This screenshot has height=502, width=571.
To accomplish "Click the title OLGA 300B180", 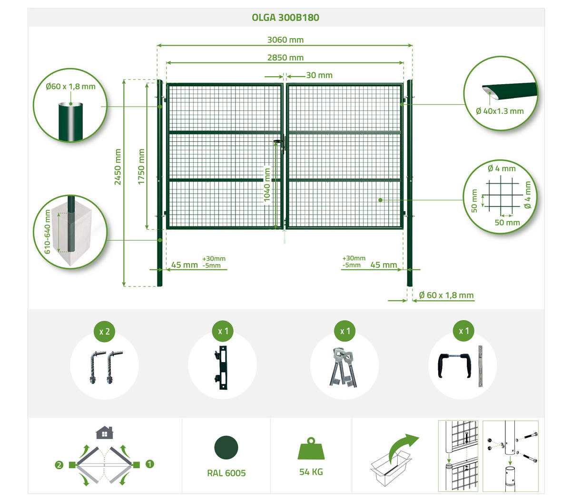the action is tap(285, 18).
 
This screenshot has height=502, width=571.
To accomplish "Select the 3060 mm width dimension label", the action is tap(285, 40).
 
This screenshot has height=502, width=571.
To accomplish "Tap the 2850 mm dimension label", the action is tap(285, 58).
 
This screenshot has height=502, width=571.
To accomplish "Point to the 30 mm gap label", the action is tap(319, 75).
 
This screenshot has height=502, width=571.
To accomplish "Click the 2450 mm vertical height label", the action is tap(118, 167).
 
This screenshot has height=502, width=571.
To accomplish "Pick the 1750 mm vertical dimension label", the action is tap(141, 167).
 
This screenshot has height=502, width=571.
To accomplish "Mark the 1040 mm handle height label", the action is tap(266, 185).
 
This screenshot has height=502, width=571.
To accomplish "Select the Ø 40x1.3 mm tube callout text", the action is tap(500, 111).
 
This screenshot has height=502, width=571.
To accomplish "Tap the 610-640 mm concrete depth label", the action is tap(47, 231).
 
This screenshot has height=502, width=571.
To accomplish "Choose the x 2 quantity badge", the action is tap(105, 332).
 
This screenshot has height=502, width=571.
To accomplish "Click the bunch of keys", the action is tap(343, 367).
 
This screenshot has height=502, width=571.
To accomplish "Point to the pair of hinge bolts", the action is tap(106, 367).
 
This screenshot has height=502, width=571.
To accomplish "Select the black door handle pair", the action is tap(454, 365).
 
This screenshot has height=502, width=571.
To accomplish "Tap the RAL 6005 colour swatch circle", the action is tap(226, 448).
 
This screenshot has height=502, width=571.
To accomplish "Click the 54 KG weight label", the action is tap(311, 472).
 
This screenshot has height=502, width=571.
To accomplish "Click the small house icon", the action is tap(104, 433).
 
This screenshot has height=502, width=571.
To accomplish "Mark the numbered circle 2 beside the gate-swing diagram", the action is tap(59, 465).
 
